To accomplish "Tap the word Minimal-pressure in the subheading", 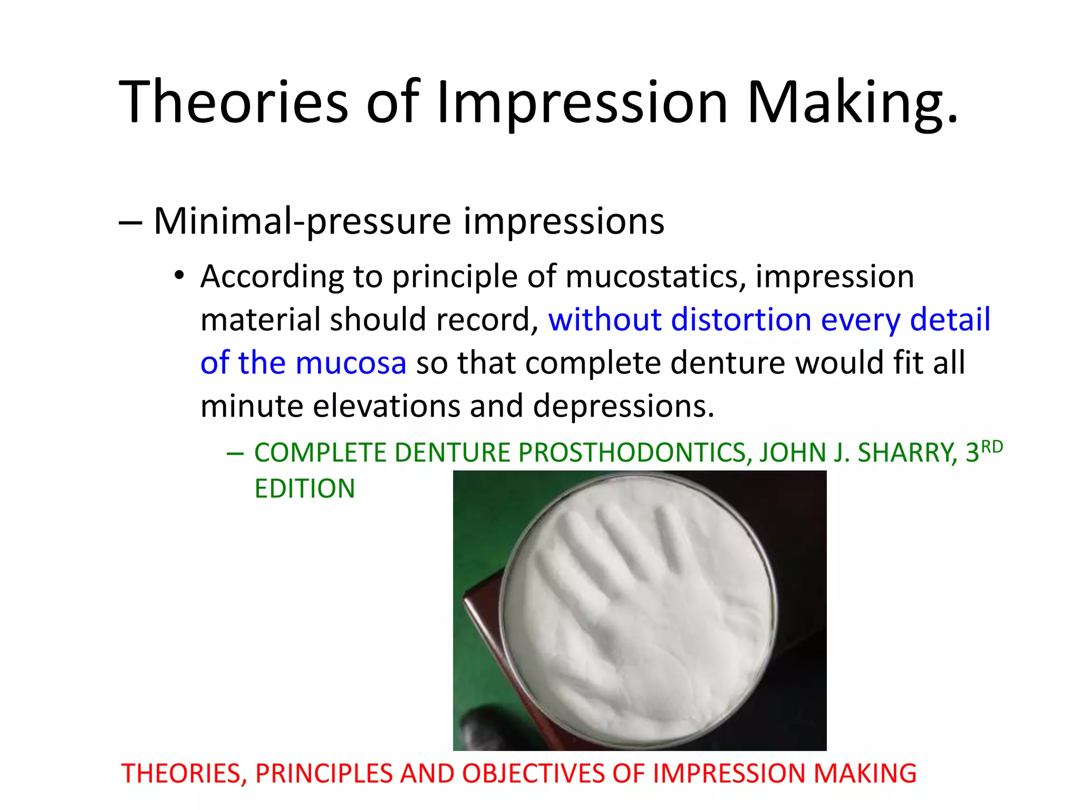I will pos(302,221).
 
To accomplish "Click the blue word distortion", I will pos(741,320).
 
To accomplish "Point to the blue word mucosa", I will pos(351,363).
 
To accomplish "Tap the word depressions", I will pos(623,406).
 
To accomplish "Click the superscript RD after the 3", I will pos(992,447).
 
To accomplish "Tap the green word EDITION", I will pos(305,488).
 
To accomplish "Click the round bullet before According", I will pos(180,276).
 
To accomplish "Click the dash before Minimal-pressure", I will pos(130,222).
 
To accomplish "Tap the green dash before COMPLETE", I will pos(235,453).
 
